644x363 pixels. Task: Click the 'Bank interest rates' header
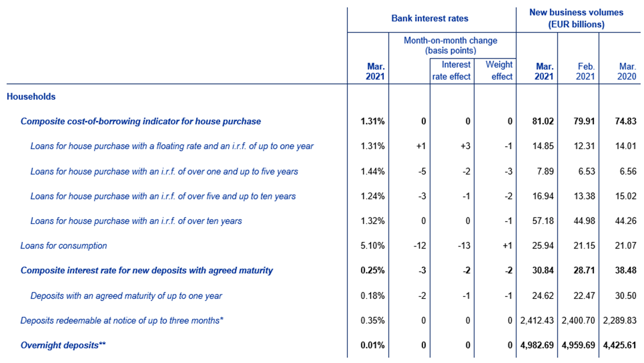[430, 18]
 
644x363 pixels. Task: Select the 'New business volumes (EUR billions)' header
[576, 18]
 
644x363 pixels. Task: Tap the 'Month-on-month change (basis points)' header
[450, 45]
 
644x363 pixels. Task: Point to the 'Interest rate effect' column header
[451, 71]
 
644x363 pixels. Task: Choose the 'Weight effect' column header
[499, 71]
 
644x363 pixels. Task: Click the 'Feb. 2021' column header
[586, 71]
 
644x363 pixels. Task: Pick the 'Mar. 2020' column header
[627, 71]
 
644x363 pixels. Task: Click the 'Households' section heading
[31, 96]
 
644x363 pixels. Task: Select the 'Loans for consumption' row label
[63, 245]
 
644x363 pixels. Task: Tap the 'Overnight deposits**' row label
[63, 345]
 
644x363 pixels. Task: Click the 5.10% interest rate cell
[372, 245]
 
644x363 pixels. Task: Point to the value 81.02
[543, 121]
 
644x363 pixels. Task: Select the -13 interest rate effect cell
[464, 245]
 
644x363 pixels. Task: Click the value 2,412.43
[537, 320]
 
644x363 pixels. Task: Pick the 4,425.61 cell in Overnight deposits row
[620, 345]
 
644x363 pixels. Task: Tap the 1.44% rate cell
[372, 171]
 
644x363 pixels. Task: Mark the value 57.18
[543, 221]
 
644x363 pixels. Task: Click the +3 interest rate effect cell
[465, 146]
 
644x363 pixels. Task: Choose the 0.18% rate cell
[372, 295]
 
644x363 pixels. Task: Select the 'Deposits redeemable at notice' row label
[122, 320]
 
